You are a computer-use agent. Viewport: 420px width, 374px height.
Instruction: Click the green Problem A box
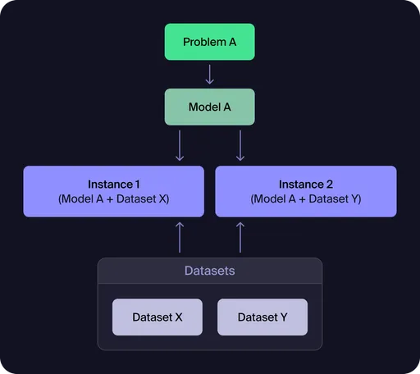click(x=209, y=42)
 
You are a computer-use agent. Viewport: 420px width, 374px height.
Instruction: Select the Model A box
click(x=209, y=107)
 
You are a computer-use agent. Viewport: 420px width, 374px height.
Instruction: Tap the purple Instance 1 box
click(x=113, y=191)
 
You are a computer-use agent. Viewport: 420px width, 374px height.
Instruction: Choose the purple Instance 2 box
click(x=305, y=191)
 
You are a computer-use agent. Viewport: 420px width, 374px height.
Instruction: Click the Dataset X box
click(x=157, y=317)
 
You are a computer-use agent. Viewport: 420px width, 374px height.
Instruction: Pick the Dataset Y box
click(x=262, y=317)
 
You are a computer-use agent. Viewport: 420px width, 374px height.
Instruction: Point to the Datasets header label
click(x=209, y=271)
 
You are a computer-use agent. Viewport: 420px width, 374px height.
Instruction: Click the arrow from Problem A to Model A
click(x=209, y=75)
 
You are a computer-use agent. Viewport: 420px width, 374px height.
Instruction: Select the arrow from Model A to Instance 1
click(x=180, y=145)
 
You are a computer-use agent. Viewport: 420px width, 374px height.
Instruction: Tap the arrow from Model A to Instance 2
click(x=240, y=145)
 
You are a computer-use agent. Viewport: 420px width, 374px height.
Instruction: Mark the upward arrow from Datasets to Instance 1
click(x=180, y=236)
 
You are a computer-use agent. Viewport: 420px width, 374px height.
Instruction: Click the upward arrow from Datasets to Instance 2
click(x=240, y=236)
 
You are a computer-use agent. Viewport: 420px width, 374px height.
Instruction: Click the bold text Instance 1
click(x=113, y=185)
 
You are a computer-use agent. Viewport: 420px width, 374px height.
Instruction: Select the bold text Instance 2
click(x=305, y=185)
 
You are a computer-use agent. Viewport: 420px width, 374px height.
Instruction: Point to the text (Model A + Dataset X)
click(x=113, y=199)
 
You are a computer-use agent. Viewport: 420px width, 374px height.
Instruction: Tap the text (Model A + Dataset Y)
click(x=305, y=199)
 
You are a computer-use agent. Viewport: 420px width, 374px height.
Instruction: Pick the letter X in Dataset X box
click(x=178, y=317)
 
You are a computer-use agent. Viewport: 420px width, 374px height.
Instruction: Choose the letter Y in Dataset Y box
click(x=283, y=317)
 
